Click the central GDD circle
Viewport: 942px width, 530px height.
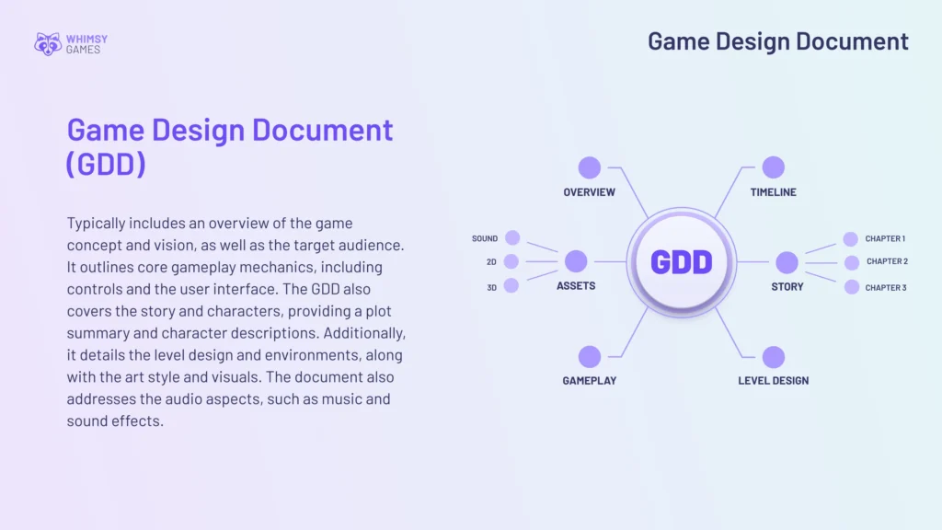tap(682, 262)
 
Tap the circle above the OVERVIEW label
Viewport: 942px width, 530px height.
tap(590, 167)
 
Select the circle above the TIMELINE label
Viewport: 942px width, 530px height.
tap(774, 167)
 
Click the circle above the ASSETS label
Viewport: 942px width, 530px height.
tap(576, 261)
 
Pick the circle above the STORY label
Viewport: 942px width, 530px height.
tap(787, 262)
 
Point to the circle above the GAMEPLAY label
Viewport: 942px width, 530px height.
tap(590, 357)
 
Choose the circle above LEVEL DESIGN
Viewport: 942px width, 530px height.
tap(774, 357)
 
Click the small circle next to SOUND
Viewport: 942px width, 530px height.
tap(512, 237)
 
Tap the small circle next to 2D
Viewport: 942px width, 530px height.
tap(511, 261)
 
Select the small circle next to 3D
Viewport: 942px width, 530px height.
tap(511, 285)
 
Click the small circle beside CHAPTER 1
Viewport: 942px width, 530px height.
tap(851, 239)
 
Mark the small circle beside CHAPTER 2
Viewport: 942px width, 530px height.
tap(852, 262)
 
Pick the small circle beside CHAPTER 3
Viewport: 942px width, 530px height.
tap(852, 287)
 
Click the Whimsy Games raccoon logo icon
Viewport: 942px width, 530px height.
tap(48, 43)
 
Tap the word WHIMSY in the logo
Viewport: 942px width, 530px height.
tap(86, 39)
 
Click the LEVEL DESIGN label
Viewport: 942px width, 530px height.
tap(774, 381)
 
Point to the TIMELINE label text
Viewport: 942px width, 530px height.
tap(774, 192)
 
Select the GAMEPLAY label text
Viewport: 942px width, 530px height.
tap(590, 381)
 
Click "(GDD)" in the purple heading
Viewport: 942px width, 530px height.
tap(106, 164)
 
